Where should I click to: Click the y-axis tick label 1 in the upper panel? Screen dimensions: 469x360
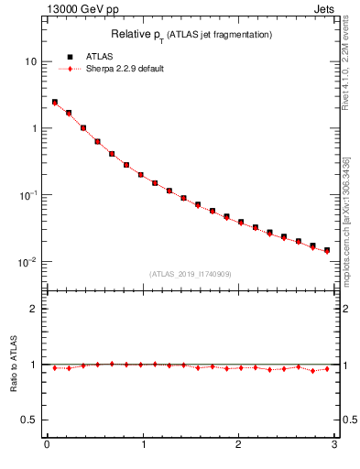pyautogui.click(x=33, y=128)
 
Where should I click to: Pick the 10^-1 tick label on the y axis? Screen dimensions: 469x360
pyautogui.click(x=27, y=194)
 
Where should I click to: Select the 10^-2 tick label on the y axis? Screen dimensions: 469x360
pyautogui.click(x=27, y=262)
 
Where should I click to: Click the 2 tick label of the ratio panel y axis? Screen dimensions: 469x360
pyautogui.click(x=33, y=309)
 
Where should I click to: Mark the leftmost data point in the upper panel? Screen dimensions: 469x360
pyautogui.click(x=55, y=103)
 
